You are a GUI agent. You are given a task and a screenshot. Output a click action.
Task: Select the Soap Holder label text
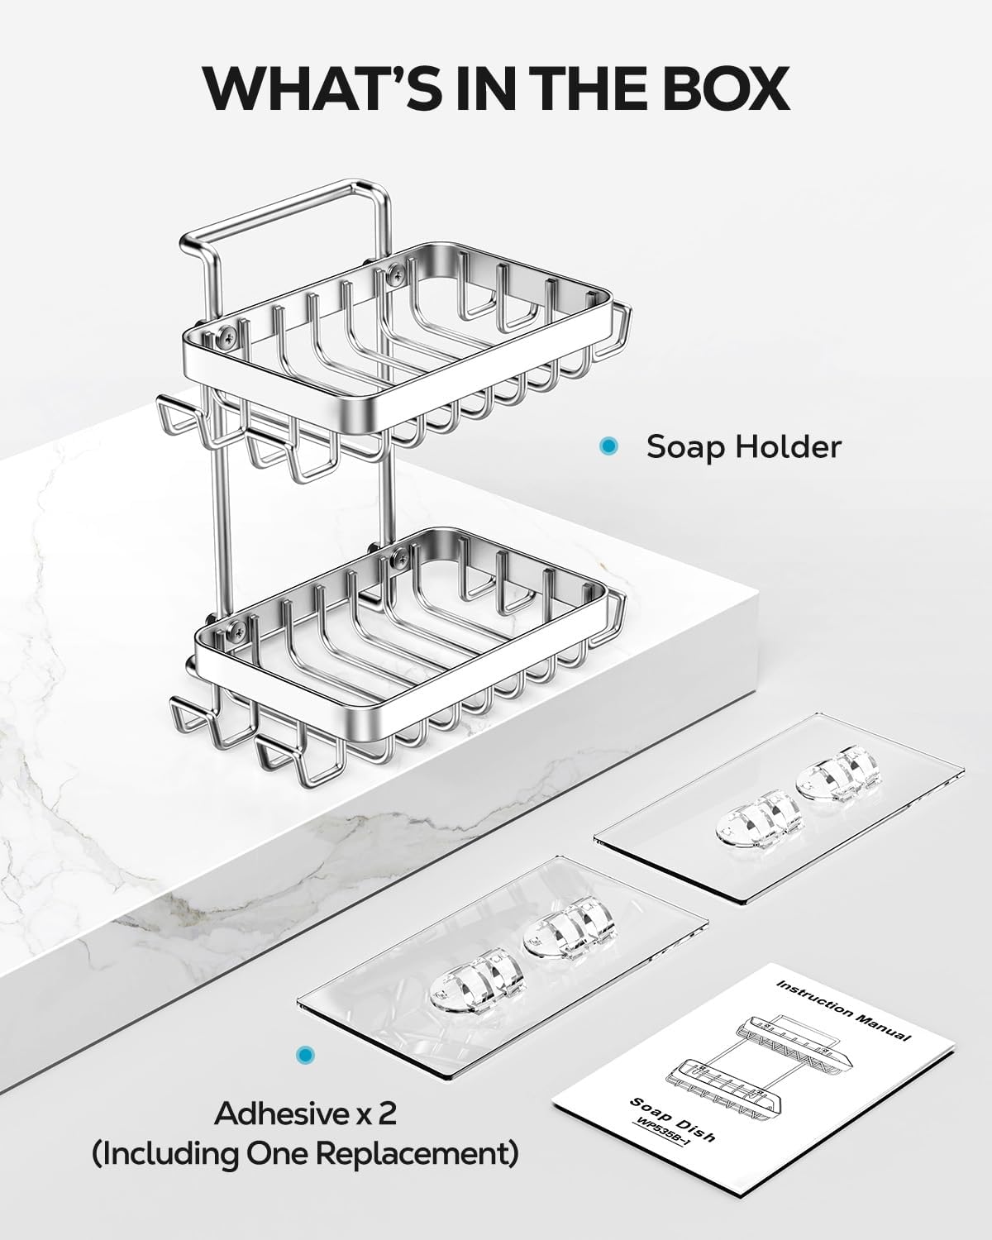[743, 447]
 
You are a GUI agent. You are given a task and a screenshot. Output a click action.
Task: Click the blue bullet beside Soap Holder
[608, 446]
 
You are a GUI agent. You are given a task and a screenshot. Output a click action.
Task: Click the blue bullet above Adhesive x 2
[307, 1055]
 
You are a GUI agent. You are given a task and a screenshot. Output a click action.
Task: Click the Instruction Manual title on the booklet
[843, 1009]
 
